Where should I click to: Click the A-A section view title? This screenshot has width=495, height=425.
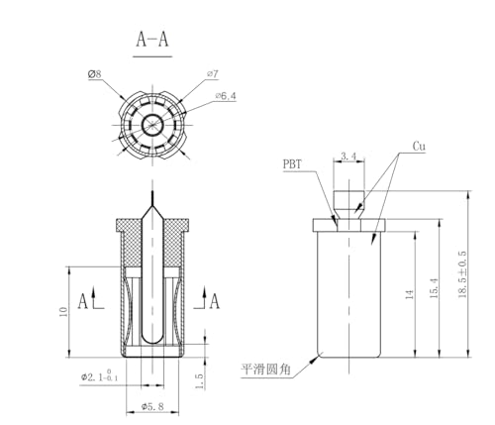click(x=152, y=40)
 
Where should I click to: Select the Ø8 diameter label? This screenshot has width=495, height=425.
click(x=94, y=74)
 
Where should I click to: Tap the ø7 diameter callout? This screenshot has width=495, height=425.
click(x=213, y=73)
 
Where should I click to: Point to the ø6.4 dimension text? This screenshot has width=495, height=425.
click(x=226, y=96)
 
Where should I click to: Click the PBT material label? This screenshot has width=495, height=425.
click(x=292, y=164)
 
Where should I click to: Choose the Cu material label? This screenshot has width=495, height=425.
click(x=419, y=146)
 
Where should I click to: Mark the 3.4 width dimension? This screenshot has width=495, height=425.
click(x=348, y=156)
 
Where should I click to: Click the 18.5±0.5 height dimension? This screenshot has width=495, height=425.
click(x=462, y=274)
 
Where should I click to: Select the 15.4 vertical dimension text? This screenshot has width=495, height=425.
click(x=435, y=288)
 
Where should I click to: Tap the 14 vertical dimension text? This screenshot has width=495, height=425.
click(x=410, y=294)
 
